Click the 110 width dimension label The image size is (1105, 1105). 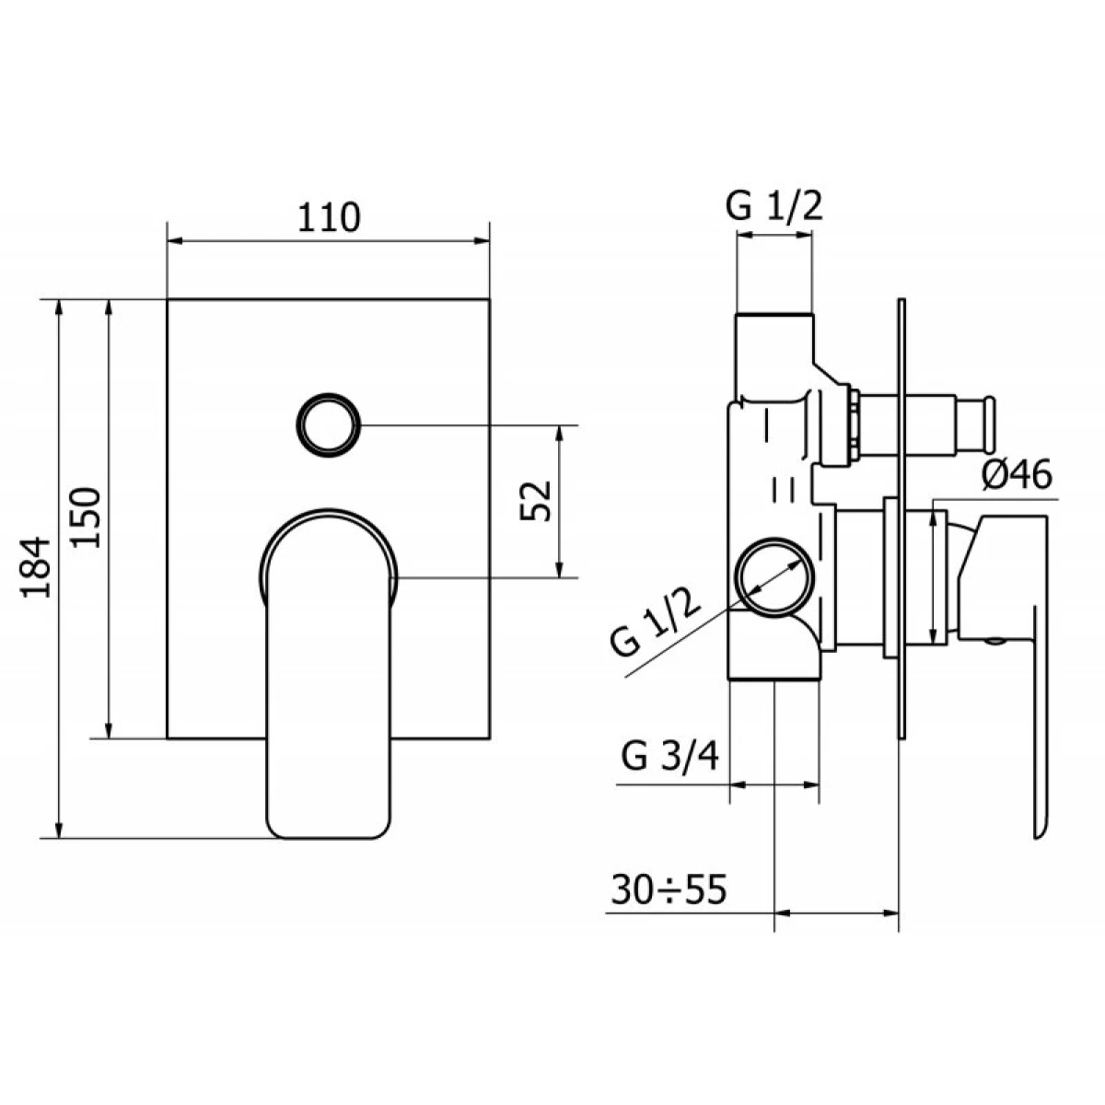pyautogui.click(x=329, y=217)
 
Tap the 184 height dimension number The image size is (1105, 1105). pyautogui.click(x=36, y=567)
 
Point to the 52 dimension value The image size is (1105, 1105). pyautogui.click(x=535, y=501)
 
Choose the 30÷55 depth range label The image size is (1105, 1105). pyautogui.click(x=669, y=890)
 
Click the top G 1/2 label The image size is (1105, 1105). pyautogui.click(x=774, y=206)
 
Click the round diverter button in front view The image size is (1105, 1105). pyautogui.click(x=329, y=425)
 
